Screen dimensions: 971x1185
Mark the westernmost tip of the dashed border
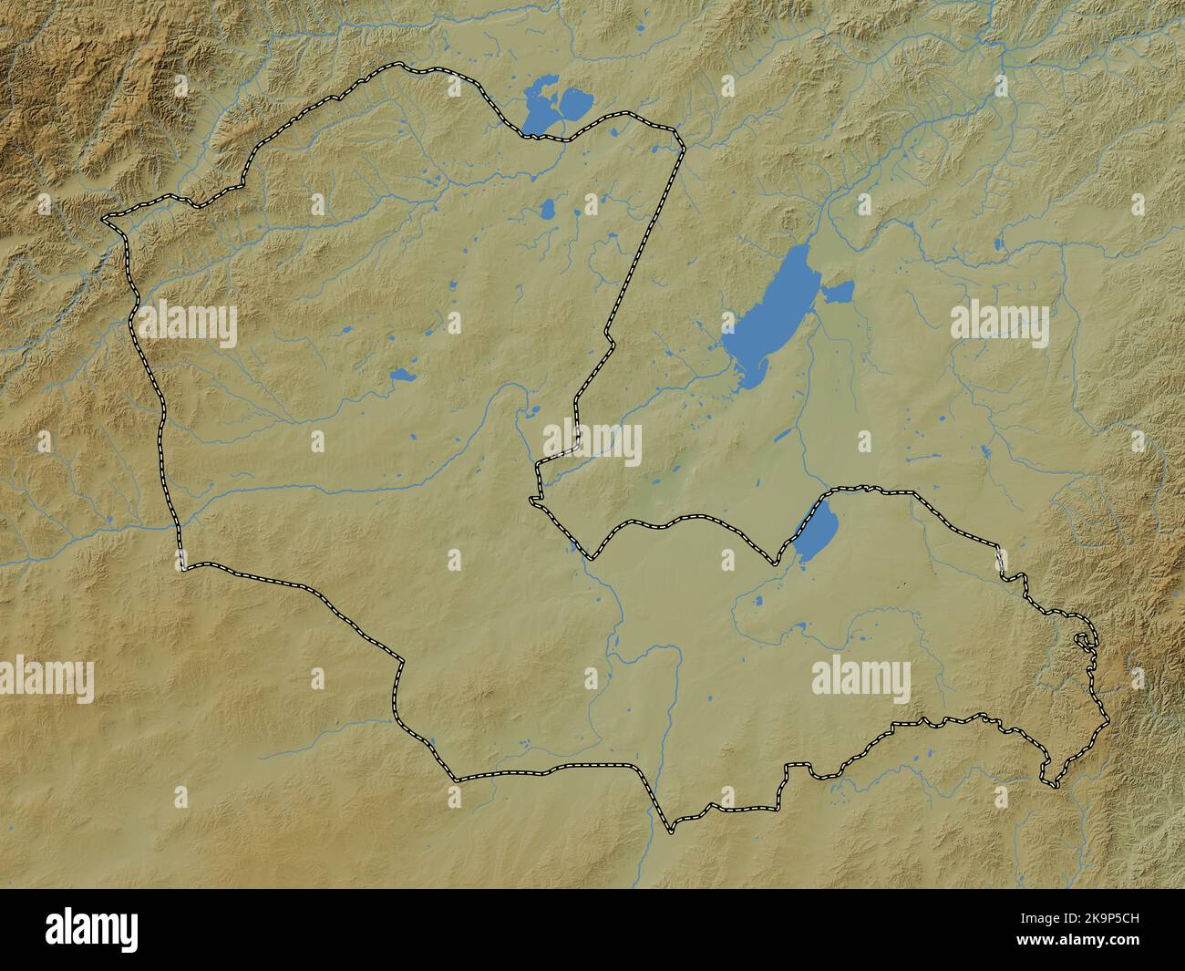(103, 219)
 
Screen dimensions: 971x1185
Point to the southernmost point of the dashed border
(671, 831)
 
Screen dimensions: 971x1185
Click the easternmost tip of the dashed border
(1108, 722)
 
